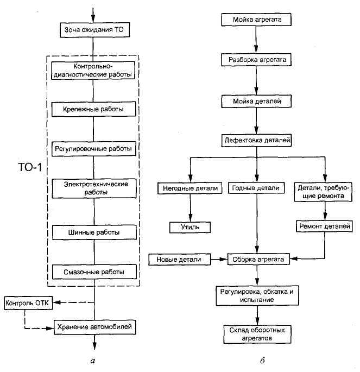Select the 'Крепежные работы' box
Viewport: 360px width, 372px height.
click(x=94, y=109)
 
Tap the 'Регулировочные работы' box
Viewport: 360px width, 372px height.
click(x=94, y=148)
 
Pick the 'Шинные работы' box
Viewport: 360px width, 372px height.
click(x=94, y=232)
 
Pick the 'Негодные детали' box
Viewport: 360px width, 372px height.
click(x=190, y=188)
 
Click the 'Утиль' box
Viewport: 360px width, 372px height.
click(x=190, y=226)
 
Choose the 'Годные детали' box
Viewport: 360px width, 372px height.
click(x=257, y=188)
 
